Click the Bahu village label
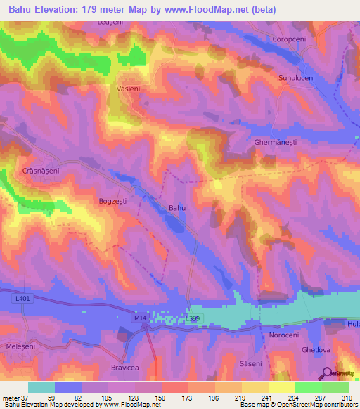[x=177, y=208]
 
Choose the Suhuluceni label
[x=299, y=78]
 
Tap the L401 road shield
[x=22, y=298]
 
